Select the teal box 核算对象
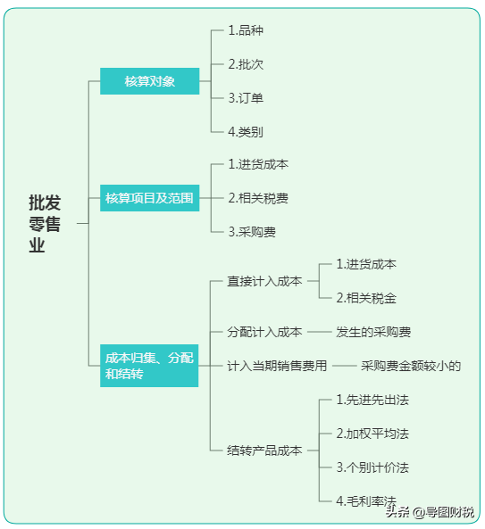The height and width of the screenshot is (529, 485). (149, 82)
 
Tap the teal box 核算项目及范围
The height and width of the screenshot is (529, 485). (149, 198)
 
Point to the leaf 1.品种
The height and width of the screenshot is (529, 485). (246, 30)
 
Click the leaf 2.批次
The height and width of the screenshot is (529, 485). (246, 64)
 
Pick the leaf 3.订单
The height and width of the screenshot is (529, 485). (246, 98)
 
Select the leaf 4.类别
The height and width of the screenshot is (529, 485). (246, 132)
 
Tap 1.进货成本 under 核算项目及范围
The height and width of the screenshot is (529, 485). (258, 164)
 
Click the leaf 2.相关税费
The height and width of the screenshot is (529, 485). (258, 198)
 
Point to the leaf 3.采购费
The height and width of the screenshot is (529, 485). (252, 232)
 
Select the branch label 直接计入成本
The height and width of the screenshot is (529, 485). (264, 281)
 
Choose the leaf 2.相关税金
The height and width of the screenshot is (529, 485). (366, 298)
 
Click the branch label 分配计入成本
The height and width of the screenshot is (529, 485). (264, 332)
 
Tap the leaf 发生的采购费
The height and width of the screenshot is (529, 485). (373, 332)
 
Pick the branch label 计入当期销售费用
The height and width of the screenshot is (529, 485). (277, 366)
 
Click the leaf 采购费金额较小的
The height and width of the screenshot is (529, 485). (411, 366)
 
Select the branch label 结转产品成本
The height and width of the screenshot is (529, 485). (264, 450)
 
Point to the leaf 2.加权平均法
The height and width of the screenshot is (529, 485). (372, 434)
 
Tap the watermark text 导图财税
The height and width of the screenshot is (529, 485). (450, 511)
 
